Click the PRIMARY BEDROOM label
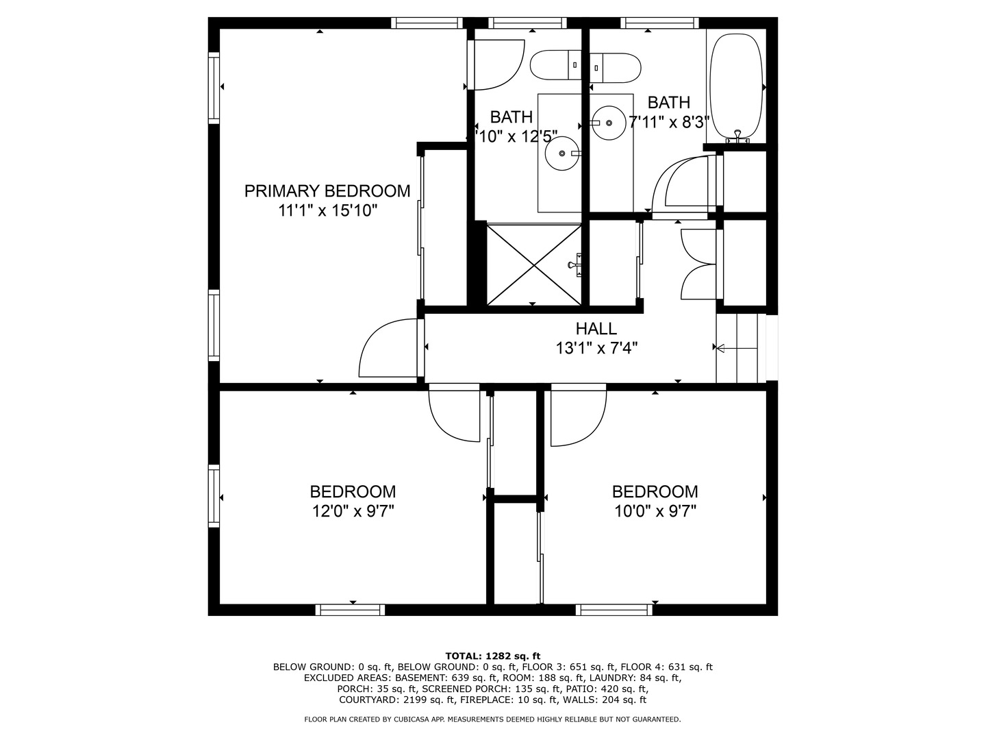click(327, 191)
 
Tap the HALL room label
click(596, 329)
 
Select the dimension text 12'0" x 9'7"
click(353, 511)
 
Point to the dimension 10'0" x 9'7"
click(655, 511)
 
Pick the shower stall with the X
click(534, 264)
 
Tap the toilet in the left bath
click(556, 65)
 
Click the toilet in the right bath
click(615, 68)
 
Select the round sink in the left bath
click(562, 153)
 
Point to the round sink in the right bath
click(609, 123)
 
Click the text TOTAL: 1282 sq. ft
click(493, 656)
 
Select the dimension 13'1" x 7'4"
click(596, 348)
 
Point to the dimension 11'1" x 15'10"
click(327, 210)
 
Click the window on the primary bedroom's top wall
click(427, 23)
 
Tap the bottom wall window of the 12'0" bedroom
click(350, 610)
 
